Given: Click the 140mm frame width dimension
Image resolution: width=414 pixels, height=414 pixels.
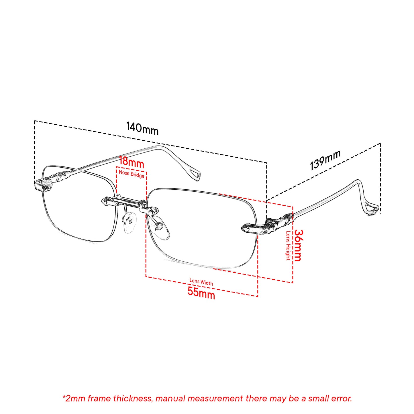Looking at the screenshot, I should click(142, 128).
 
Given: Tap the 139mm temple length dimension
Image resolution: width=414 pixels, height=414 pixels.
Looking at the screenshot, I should click(325, 160).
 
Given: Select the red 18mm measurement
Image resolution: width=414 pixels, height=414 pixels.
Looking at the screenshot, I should click(132, 162).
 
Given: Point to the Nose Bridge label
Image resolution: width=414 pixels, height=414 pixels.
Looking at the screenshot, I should click(132, 174).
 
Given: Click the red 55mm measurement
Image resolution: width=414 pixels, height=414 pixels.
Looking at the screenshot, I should click(201, 293).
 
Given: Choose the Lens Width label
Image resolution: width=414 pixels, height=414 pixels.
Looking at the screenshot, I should click(201, 282).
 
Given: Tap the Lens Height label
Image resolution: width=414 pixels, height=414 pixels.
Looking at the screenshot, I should click(288, 246).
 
